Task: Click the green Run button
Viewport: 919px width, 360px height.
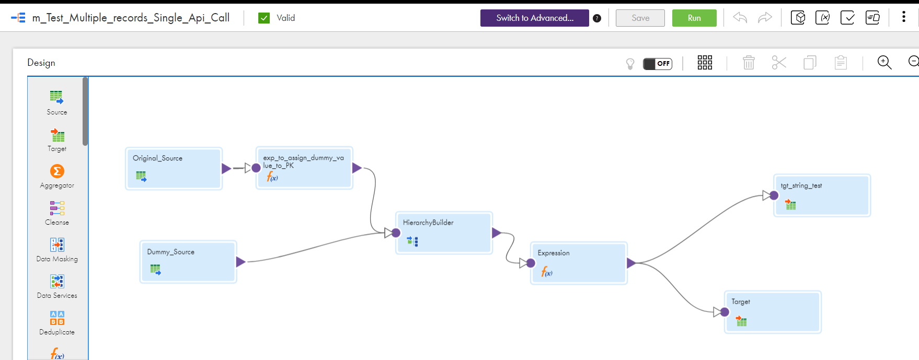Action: (x=694, y=18)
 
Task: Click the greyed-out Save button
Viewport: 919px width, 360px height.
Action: (x=640, y=18)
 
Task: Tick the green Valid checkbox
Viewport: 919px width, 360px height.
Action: (x=264, y=18)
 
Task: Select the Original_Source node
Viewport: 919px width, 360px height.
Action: (x=174, y=168)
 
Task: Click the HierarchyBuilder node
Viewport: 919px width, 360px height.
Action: (x=444, y=233)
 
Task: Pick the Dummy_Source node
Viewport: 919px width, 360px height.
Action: (x=188, y=262)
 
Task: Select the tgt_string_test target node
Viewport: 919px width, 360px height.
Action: (x=822, y=195)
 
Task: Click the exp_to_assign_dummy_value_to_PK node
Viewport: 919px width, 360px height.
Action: (x=304, y=168)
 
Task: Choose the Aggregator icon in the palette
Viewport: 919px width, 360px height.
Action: (x=57, y=171)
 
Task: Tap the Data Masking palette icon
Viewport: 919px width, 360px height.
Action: (x=57, y=245)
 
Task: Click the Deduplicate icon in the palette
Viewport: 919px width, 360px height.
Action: (x=57, y=318)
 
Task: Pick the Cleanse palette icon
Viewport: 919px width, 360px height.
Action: (x=57, y=208)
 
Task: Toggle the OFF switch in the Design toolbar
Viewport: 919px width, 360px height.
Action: (x=658, y=64)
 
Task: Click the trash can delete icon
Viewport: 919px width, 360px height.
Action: (x=749, y=63)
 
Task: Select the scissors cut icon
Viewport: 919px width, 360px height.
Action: (x=779, y=63)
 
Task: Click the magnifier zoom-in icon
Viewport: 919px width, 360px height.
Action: (x=884, y=63)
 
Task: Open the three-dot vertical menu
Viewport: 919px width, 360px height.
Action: (x=904, y=17)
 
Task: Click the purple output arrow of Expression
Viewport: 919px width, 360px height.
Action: (x=631, y=263)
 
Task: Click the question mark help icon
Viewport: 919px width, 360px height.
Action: (x=597, y=18)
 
